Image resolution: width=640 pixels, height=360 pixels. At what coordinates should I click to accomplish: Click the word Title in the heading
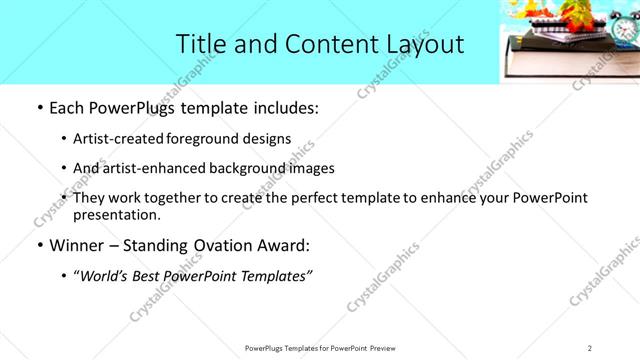point(199,43)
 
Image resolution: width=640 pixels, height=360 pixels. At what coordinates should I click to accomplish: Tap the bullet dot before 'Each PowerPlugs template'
point(38,108)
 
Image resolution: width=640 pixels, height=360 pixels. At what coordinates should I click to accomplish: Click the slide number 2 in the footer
point(590,348)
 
